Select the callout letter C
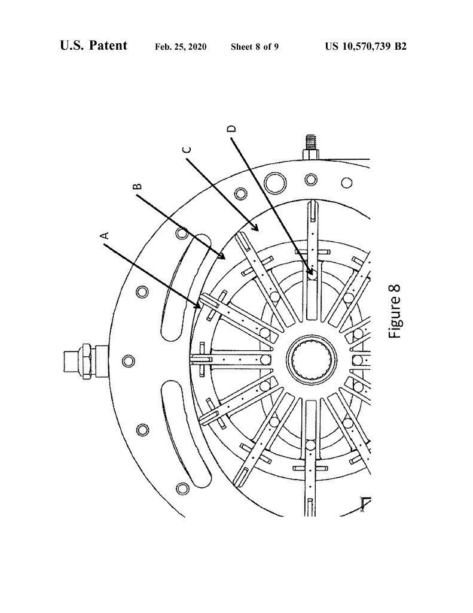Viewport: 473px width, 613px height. coord(188,150)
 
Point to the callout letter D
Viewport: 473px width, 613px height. coord(232,129)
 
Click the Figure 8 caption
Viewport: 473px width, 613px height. coord(394,311)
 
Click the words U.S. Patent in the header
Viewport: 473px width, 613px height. coord(94,45)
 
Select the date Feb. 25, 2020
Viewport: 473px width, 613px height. coord(181,47)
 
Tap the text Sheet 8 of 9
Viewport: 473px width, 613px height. coord(255,47)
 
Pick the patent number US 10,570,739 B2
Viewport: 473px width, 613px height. coord(365,47)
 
